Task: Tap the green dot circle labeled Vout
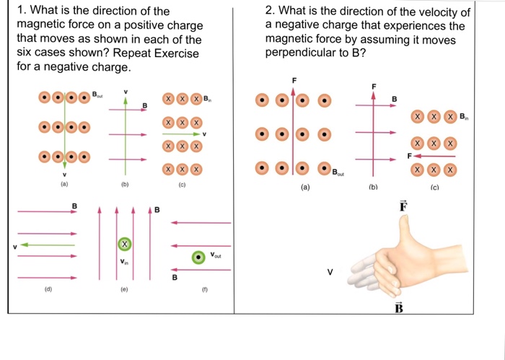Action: click(197, 258)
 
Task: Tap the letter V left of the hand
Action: click(330, 273)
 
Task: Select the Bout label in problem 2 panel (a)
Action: click(338, 172)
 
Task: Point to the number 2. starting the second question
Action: click(271, 12)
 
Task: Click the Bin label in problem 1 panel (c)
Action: click(208, 98)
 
